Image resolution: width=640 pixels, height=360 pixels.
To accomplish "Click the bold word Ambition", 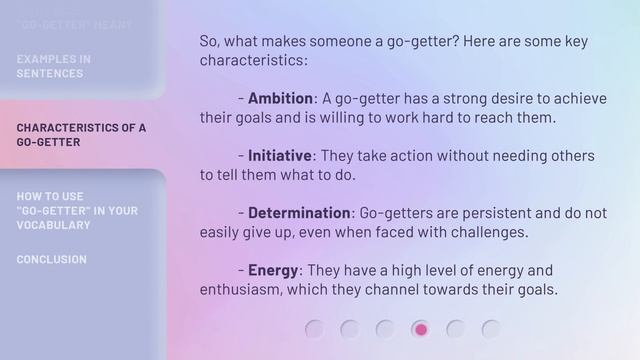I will coord(281,98).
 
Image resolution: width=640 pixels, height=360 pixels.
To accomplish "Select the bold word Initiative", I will coord(280,156).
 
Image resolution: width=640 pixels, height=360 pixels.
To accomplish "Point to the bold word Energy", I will coord(273,271).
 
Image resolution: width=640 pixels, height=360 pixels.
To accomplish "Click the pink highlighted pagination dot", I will coord(421,329).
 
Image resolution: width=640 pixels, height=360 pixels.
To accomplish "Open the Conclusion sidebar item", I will coord(51,259).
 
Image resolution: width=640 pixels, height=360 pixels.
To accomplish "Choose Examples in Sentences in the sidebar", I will coord(53,66).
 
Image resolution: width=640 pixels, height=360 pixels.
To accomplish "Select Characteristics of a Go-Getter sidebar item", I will coord(80,135).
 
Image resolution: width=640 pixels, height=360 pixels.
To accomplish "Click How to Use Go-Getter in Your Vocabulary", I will coord(76,210).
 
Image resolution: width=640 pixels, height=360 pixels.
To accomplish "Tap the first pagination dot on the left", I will coord(315,329).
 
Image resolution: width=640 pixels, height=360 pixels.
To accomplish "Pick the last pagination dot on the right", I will coord(491,329).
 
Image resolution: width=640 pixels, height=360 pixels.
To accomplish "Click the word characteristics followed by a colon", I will coord(253,60).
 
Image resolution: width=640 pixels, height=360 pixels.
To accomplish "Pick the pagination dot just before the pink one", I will coord(385,329).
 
